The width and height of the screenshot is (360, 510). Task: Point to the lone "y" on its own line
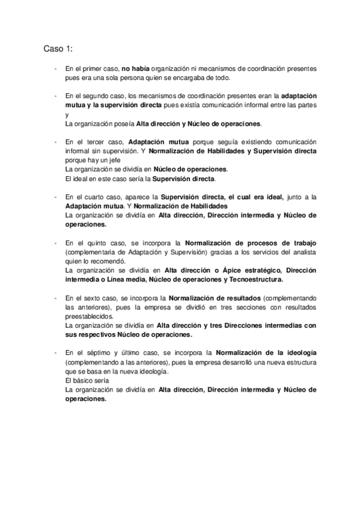(x=66, y=114)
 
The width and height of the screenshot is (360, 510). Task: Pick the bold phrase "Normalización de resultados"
(x=214, y=298)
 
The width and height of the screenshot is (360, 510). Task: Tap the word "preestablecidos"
(x=88, y=316)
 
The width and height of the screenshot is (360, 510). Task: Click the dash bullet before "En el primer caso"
(x=55, y=70)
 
